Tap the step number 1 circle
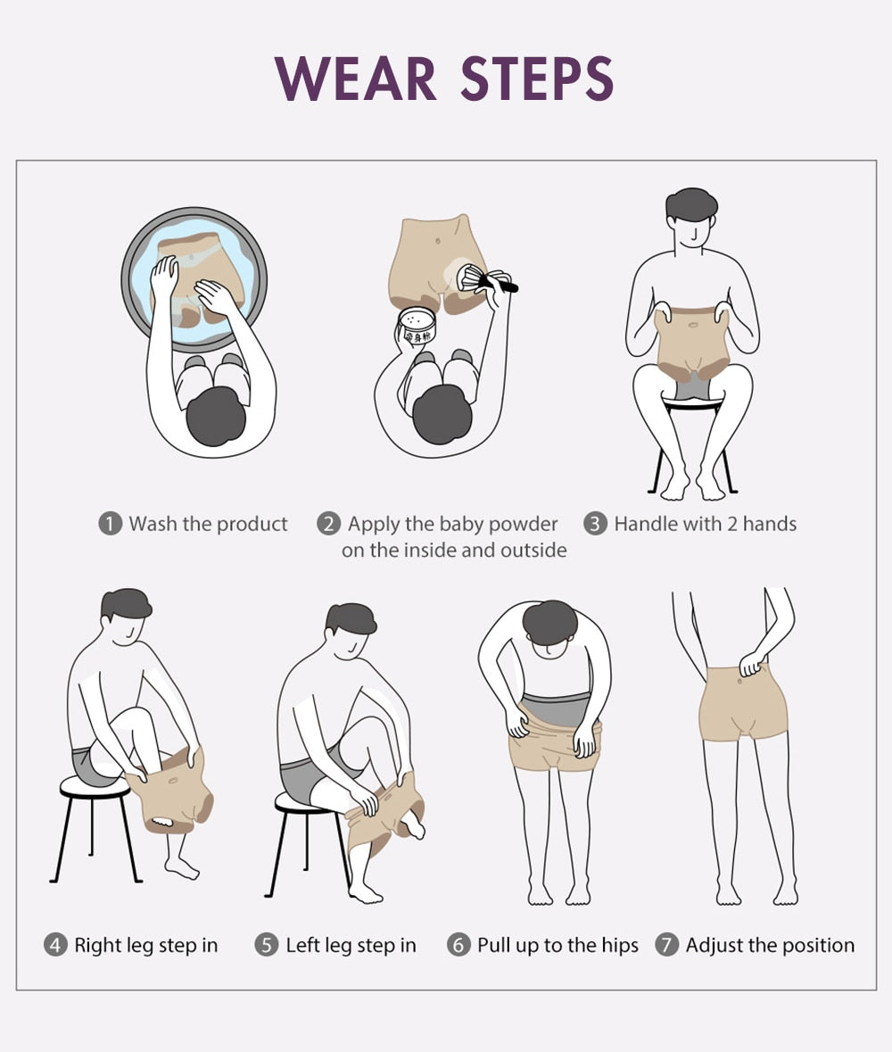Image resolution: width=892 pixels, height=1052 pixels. click(110, 523)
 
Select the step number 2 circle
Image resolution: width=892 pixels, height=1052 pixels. click(328, 523)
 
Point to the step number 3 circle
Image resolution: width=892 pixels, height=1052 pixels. click(595, 523)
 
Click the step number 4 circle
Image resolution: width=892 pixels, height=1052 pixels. click(55, 945)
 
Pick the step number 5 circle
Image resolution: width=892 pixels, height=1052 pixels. click(266, 945)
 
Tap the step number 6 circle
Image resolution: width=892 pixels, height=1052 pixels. click(458, 945)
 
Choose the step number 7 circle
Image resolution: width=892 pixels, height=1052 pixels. click(666, 945)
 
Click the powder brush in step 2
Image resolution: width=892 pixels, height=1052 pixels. click(486, 280)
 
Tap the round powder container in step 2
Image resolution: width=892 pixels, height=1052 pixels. click(417, 326)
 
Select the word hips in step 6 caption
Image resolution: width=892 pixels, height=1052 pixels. click(620, 945)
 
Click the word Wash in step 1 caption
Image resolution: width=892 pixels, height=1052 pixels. click(153, 523)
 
